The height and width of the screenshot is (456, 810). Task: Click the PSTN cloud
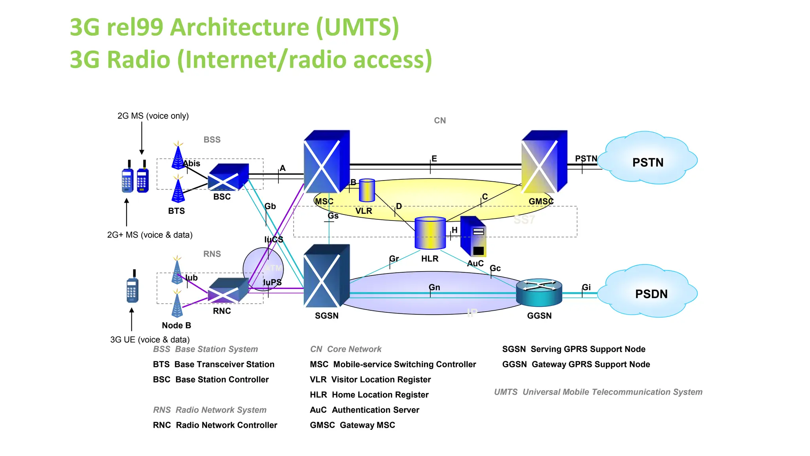[x=647, y=158]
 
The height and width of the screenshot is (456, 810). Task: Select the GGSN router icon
[x=539, y=293]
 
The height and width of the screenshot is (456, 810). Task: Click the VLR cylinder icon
[x=367, y=190]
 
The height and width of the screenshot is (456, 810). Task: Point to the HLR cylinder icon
[x=430, y=233]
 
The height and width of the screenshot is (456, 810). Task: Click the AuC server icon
[x=473, y=237]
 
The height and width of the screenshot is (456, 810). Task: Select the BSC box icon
[x=228, y=177]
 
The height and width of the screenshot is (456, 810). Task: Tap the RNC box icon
[x=228, y=291]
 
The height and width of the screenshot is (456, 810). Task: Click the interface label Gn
[x=434, y=287]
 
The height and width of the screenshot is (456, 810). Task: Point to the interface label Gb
[x=270, y=206]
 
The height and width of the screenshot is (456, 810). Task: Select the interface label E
[x=434, y=159]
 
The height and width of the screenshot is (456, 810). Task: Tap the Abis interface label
[x=191, y=163]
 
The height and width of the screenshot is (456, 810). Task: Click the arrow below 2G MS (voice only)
[x=142, y=139]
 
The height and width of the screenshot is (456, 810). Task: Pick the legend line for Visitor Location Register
[x=370, y=380]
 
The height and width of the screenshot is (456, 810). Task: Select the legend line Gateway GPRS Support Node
[x=576, y=365]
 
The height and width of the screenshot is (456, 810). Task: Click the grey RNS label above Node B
[x=212, y=254]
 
